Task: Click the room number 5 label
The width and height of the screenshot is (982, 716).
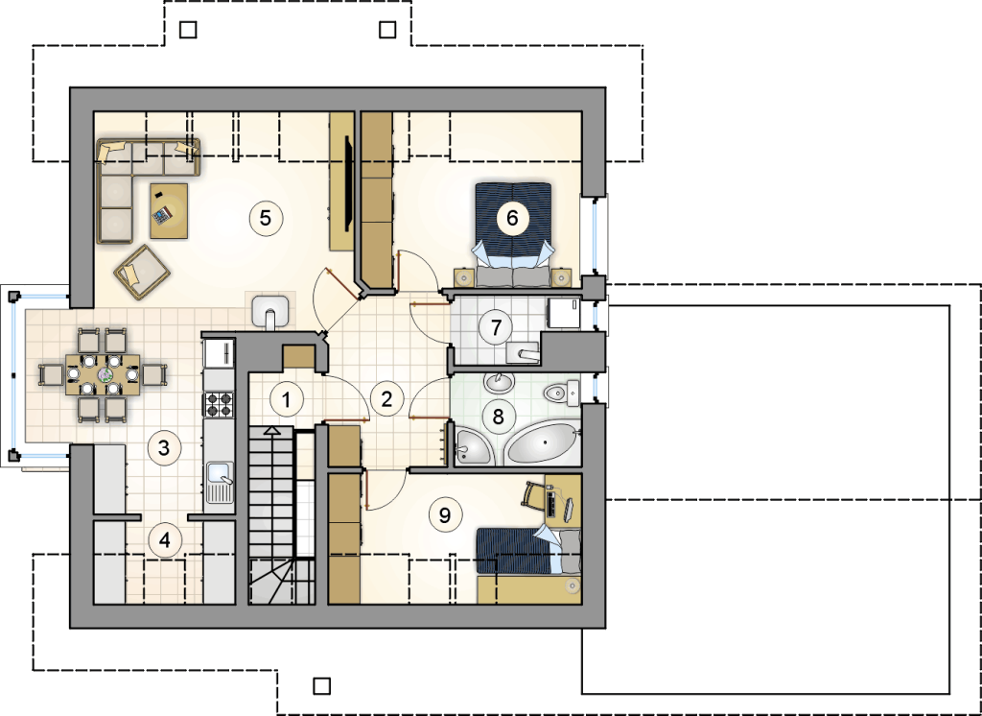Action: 266,218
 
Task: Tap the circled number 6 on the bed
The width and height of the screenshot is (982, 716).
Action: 512,218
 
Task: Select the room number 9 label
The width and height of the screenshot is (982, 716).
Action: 445,514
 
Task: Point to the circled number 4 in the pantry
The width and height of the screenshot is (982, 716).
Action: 165,539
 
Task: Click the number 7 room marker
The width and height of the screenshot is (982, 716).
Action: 496,326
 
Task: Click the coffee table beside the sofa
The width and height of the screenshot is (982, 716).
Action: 169,210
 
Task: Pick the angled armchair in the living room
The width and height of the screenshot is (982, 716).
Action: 142,273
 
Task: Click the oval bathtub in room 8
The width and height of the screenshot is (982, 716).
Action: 543,443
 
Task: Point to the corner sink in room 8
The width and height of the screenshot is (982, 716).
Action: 472,445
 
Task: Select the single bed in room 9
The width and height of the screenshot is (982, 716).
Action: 529,551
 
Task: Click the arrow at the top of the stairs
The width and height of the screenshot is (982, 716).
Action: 271,430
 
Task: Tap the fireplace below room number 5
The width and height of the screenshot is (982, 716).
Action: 270,311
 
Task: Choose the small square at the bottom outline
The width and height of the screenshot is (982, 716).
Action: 322,686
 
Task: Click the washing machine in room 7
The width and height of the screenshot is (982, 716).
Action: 564,313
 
